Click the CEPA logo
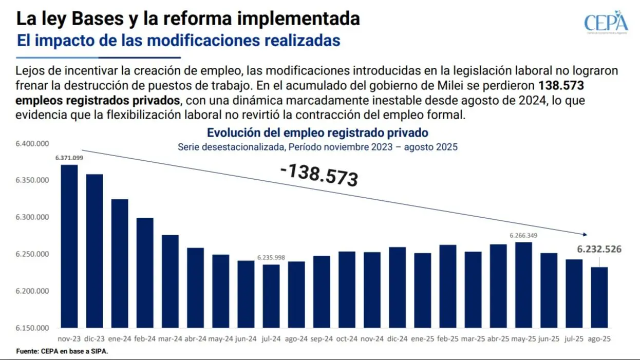(x=606, y=22)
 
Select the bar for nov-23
(x=69, y=247)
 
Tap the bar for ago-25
(x=599, y=297)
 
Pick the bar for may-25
(x=523, y=285)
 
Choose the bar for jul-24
(x=271, y=296)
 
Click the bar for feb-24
(x=145, y=273)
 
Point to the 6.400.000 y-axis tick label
(x=32, y=144)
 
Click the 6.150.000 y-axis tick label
(x=32, y=328)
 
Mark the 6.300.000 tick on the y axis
(x=32, y=218)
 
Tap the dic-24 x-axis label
(x=397, y=339)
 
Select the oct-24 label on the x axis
(x=347, y=339)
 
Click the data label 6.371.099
(x=69, y=158)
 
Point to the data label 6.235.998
(x=271, y=258)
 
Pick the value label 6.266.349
(x=523, y=235)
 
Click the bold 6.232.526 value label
(x=599, y=250)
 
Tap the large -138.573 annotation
(x=319, y=175)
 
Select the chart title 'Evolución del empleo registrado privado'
(x=317, y=133)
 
